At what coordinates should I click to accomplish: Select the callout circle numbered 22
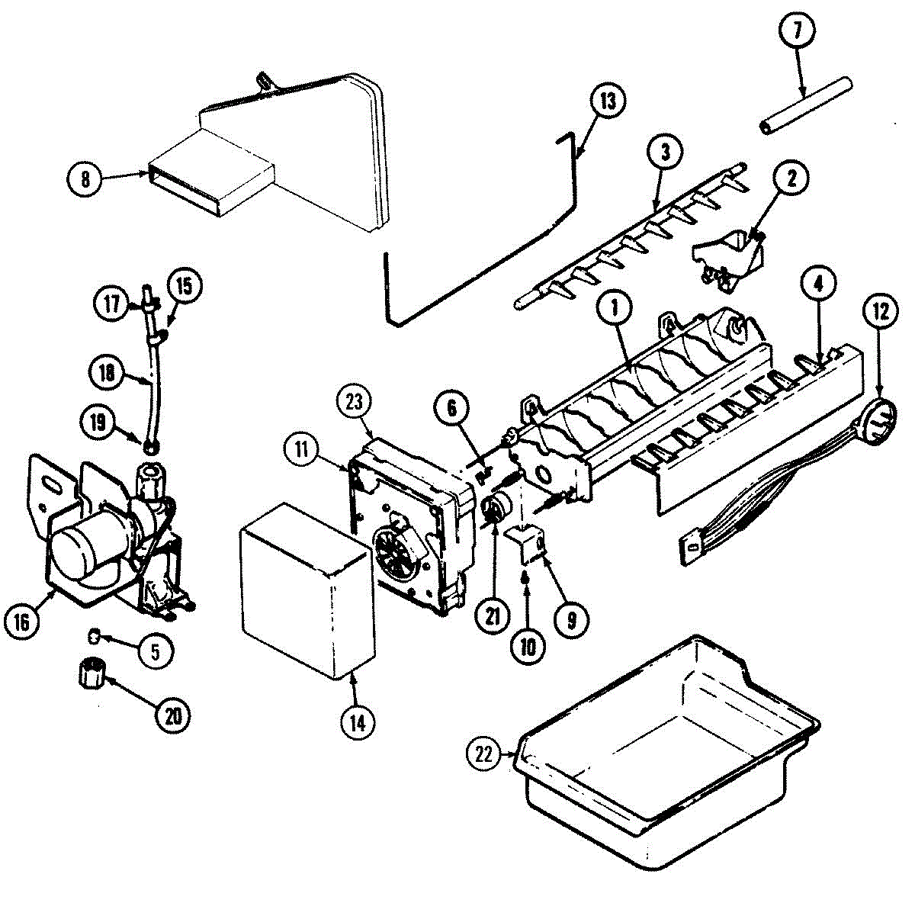coord(484,754)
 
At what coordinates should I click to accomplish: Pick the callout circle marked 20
coord(172,715)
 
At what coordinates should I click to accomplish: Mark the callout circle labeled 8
coord(85,178)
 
